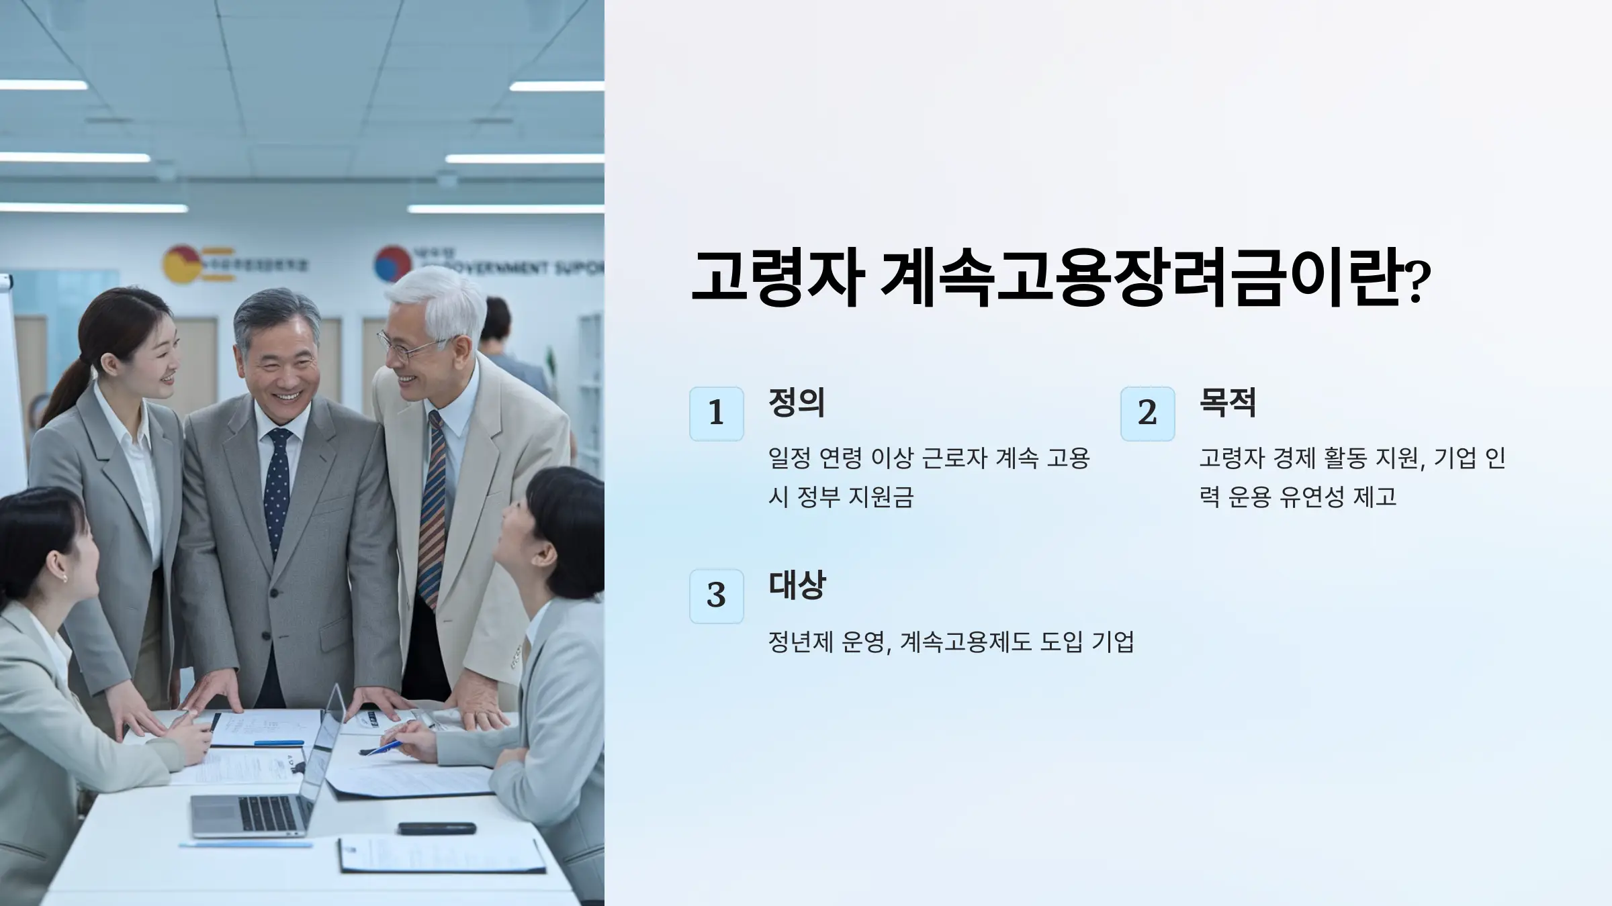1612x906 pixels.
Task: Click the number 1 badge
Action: click(x=716, y=413)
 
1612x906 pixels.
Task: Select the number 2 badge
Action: click(x=1147, y=413)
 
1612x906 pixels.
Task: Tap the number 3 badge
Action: click(x=716, y=596)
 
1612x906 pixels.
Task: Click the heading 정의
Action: click(x=797, y=403)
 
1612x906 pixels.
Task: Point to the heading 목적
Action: click(x=1228, y=403)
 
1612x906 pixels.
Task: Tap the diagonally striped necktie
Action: click(x=433, y=510)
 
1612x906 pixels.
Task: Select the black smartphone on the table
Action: click(x=436, y=828)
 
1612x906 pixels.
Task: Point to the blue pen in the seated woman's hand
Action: click(x=382, y=748)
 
